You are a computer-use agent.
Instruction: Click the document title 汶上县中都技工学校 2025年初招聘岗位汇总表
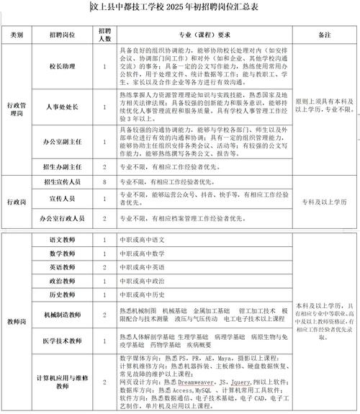(x=179, y=8)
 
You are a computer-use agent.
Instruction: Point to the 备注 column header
(x=323, y=34)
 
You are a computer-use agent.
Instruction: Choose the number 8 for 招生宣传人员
(x=105, y=183)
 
